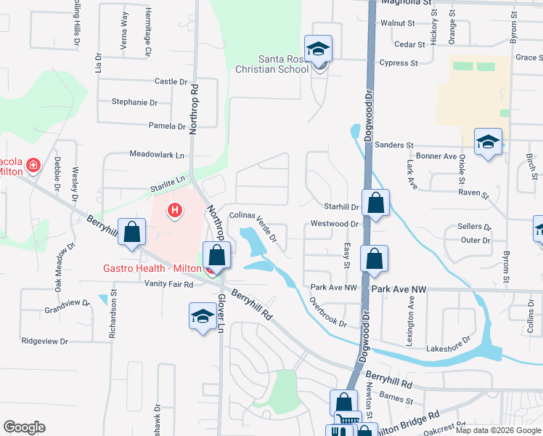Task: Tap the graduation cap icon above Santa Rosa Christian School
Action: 318,49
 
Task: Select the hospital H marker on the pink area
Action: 174,211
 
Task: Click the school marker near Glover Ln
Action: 203,315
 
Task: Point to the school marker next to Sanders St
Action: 489,142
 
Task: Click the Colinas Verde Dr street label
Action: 253,226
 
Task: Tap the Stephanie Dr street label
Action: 134,102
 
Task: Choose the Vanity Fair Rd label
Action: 168,284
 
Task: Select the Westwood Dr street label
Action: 330,224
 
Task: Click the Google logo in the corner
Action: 24,427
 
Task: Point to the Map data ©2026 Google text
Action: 498,430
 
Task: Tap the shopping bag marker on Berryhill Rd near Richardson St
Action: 131,233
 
